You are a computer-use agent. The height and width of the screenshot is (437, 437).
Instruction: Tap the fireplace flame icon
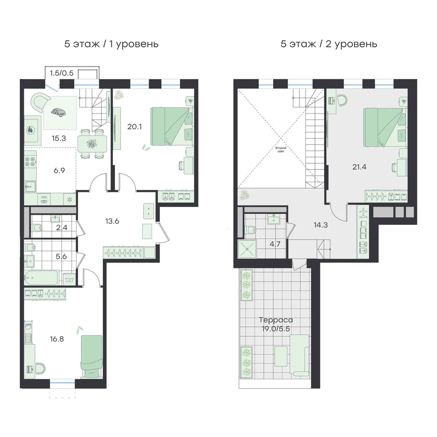[30, 130]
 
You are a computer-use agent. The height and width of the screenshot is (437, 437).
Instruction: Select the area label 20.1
[135, 127]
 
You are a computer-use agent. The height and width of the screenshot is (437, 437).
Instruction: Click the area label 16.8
[57, 339]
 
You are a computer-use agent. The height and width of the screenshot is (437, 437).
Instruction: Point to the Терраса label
[276, 320]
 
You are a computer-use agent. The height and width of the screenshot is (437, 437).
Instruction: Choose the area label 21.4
[359, 167]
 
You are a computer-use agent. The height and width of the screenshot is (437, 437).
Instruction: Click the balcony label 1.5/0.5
[62, 73]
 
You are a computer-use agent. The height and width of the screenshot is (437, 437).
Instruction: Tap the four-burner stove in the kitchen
[30, 162]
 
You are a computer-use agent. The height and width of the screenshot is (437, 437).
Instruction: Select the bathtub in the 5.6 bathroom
[41, 277]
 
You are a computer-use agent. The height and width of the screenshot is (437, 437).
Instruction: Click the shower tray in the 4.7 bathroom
[247, 249]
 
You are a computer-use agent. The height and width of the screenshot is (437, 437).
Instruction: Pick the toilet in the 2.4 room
[37, 228]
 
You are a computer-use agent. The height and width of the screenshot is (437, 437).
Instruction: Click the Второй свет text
[281, 149]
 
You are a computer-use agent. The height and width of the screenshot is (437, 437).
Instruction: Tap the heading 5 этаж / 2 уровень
[329, 44]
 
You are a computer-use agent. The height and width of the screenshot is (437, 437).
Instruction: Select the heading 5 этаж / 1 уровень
[111, 44]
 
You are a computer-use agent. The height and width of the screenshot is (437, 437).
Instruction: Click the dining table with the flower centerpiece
[92, 144]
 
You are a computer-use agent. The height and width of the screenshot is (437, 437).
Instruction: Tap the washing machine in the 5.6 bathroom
[69, 279]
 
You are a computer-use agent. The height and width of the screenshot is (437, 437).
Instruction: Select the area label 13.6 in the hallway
[112, 221]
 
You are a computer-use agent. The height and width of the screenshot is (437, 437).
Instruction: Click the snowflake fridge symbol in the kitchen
[69, 199]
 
